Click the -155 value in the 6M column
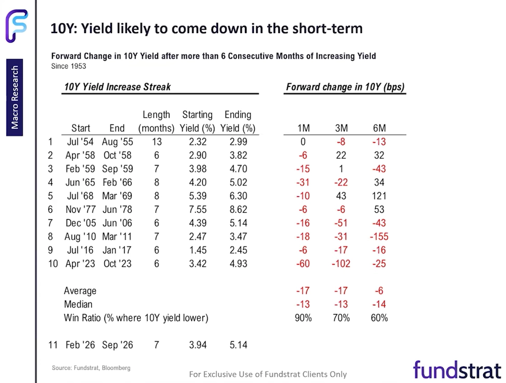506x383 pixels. (x=379, y=237)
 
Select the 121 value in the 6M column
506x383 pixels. (x=379, y=196)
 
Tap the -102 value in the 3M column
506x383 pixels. (x=341, y=264)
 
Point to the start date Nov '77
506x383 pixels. (x=80, y=210)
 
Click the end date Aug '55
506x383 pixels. (x=117, y=142)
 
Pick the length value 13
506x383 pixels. (x=157, y=142)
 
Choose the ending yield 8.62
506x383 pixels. (x=239, y=210)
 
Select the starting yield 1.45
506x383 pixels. (x=198, y=250)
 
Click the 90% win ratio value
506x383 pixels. (x=303, y=318)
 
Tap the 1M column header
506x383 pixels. (x=304, y=128)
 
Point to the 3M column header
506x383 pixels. (x=341, y=128)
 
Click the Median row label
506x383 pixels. (x=78, y=304)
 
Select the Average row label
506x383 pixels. (x=80, y=291)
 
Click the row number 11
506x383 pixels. (x=53, y=345)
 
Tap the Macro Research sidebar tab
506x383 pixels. (x=15, y=98)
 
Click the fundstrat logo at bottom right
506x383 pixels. (x=457, y=370)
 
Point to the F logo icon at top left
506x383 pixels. (x=17, y=26)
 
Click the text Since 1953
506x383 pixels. (x=69, y=66)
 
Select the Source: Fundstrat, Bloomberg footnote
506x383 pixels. (x=91, y=368)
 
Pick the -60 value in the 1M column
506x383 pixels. (x=303, y=264)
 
